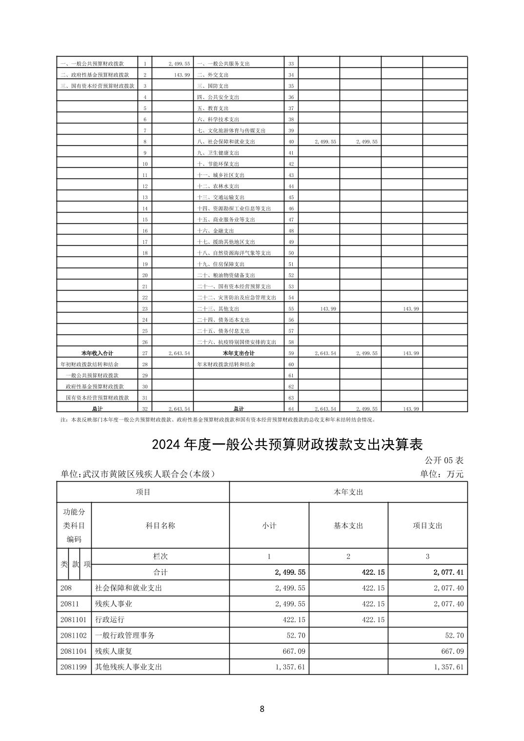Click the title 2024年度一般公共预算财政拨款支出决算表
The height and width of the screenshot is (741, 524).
(x=286, y=445)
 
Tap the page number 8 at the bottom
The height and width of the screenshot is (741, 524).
(x=262, y=709)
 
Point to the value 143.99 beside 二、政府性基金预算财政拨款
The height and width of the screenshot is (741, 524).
(x=181, y=75)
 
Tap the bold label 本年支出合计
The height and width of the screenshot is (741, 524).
(x=239, y=353)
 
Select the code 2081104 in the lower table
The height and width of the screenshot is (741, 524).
(x=74, y=651)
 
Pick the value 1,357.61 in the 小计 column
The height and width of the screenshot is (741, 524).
(x=290, y=667)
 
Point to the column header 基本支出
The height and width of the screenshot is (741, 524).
(x=348, y=526)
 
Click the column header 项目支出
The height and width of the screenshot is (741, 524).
(x=427, y=526)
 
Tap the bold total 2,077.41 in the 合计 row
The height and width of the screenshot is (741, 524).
(x=448, y=572)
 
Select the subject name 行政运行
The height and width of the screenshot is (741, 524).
(x=109, y=620)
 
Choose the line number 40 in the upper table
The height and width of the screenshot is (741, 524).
(x=291, y=142)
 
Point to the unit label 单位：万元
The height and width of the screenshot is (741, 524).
(x=442, y=474)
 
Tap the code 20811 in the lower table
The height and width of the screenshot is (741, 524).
(x=70, y=604)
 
